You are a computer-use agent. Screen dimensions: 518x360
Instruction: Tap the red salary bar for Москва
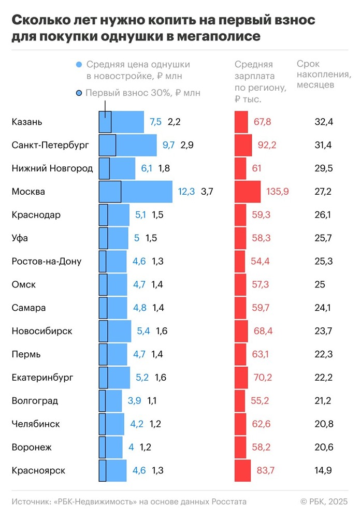pos(248,192)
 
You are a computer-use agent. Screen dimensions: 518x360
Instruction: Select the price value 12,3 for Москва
pos(186,192)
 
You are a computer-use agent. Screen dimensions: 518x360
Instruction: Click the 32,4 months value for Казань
pos(324,122)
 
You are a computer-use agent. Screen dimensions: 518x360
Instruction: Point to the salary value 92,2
pos(267,145)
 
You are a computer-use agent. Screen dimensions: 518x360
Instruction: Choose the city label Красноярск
pos(39,470)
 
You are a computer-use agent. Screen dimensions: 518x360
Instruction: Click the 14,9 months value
pos(324,470)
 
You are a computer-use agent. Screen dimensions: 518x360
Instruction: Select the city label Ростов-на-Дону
pos(47,261)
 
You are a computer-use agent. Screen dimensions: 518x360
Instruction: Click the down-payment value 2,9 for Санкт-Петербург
pos(187,145)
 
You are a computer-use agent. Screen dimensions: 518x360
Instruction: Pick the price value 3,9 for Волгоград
pos(134,400)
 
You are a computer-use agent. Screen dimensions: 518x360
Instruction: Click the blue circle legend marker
pos(79,65)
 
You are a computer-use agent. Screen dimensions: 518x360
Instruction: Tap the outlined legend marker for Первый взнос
pos(79,93)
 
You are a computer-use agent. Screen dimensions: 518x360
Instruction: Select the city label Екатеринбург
pos(42,377)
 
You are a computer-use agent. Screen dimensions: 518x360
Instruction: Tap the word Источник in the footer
pos(32,501)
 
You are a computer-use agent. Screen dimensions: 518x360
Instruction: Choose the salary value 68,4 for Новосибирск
pos(264,331)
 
